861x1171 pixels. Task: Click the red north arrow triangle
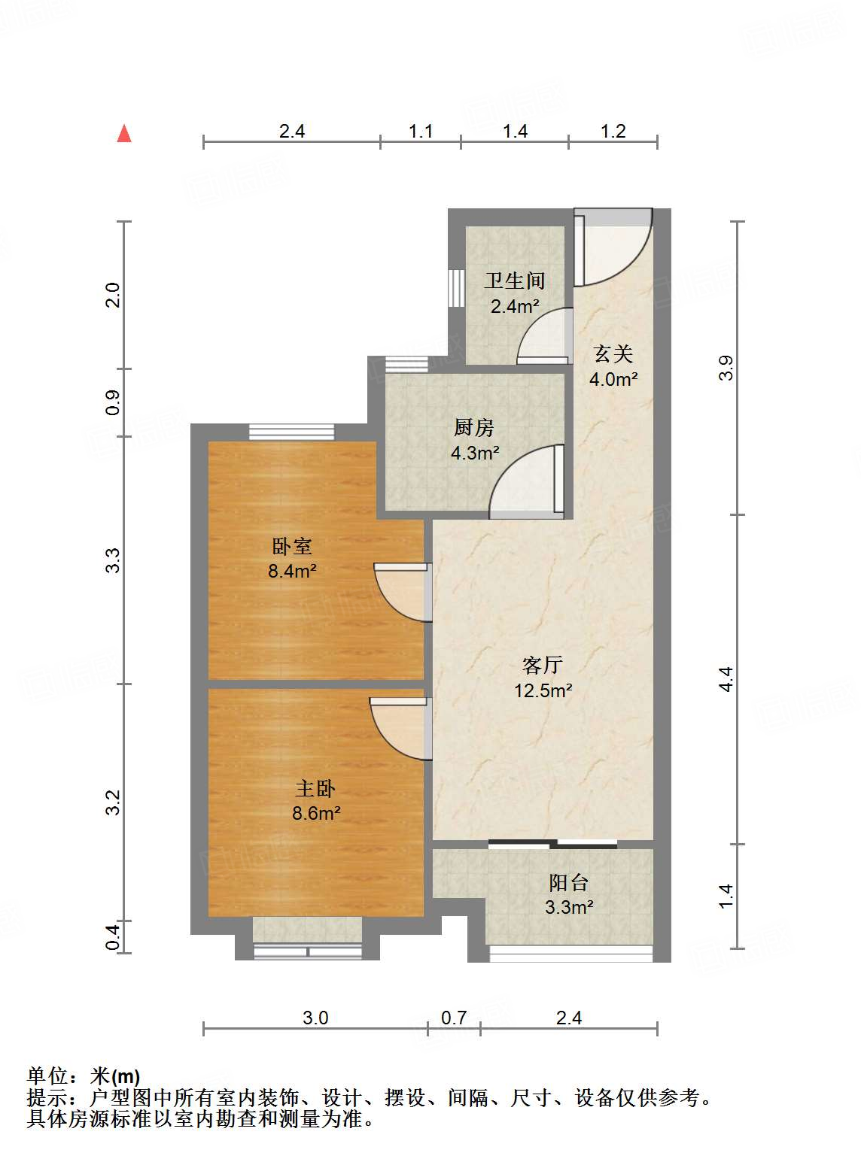point(124,134)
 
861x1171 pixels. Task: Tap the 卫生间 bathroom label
point(515,281)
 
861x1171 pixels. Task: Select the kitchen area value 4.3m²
point(475,453)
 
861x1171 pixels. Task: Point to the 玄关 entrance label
point(613,354)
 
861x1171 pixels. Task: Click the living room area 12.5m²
point(543,690)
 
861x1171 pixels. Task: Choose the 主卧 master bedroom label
point(315,789)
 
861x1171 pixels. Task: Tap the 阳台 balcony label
point(568,883)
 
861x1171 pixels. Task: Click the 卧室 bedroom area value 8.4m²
point(292,571)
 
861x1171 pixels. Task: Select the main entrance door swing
point(613,247)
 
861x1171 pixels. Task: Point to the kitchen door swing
point(526,481)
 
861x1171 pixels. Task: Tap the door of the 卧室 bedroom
point(403,593)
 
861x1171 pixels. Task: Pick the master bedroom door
point(400,729)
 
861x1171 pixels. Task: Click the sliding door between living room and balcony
point(553,843)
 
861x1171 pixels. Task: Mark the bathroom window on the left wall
point(456,288)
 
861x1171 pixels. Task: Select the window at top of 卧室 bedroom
point(291,432)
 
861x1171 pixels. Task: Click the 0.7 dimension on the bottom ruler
point(454,1018)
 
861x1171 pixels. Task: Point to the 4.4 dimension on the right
point(726,680)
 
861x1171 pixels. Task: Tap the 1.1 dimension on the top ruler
point(421,131)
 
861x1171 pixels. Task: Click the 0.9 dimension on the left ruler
point(113,402)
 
